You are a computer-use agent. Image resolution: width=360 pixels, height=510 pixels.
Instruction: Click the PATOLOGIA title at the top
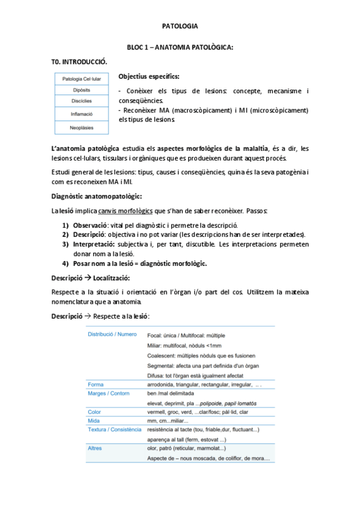tap(180, 26)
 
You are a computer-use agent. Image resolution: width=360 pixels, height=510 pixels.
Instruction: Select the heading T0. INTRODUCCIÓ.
tap(79, 61)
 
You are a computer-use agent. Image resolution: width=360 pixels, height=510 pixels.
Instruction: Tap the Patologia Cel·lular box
tap(82, 79)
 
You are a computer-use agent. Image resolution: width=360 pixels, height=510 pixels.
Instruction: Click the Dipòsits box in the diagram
tap(82, 90)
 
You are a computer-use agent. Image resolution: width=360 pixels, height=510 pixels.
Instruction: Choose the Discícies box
tap(82, 102)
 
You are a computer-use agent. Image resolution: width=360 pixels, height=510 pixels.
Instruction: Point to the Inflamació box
tap(82, 114)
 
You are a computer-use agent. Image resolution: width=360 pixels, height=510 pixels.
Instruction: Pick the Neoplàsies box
tap(82, 126)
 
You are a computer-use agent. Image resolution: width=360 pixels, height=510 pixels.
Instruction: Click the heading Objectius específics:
tap(148, 76)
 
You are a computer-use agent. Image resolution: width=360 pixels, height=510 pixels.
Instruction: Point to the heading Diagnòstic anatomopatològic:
tap(97, 196)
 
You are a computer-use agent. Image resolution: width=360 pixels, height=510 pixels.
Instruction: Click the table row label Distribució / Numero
tap(112, 334)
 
